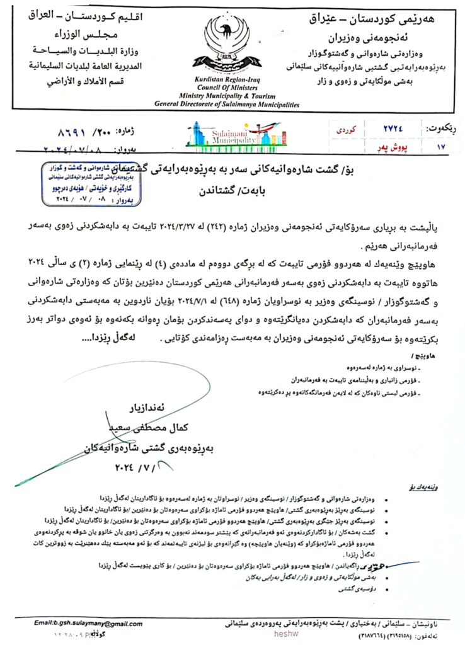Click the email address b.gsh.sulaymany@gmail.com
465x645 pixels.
[x=88, y=624]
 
